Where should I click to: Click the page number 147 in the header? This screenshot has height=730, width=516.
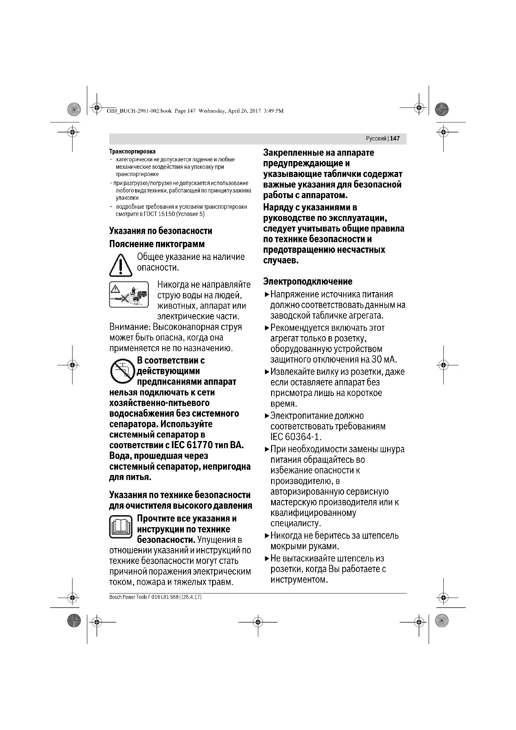395,138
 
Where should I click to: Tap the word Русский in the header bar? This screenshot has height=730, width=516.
376,138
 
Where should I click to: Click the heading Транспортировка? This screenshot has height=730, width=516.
132,151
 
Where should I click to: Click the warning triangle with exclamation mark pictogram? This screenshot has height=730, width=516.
121,265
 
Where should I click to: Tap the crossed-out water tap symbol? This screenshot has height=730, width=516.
122,371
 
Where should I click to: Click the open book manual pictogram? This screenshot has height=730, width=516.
121,527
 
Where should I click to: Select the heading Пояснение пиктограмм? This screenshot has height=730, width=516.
157,244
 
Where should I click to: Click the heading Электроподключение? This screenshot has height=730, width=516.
308,282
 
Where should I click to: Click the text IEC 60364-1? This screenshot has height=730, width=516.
295,437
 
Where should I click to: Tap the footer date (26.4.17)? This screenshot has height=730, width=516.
192,597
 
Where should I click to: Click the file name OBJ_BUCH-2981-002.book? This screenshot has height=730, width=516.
139,111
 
